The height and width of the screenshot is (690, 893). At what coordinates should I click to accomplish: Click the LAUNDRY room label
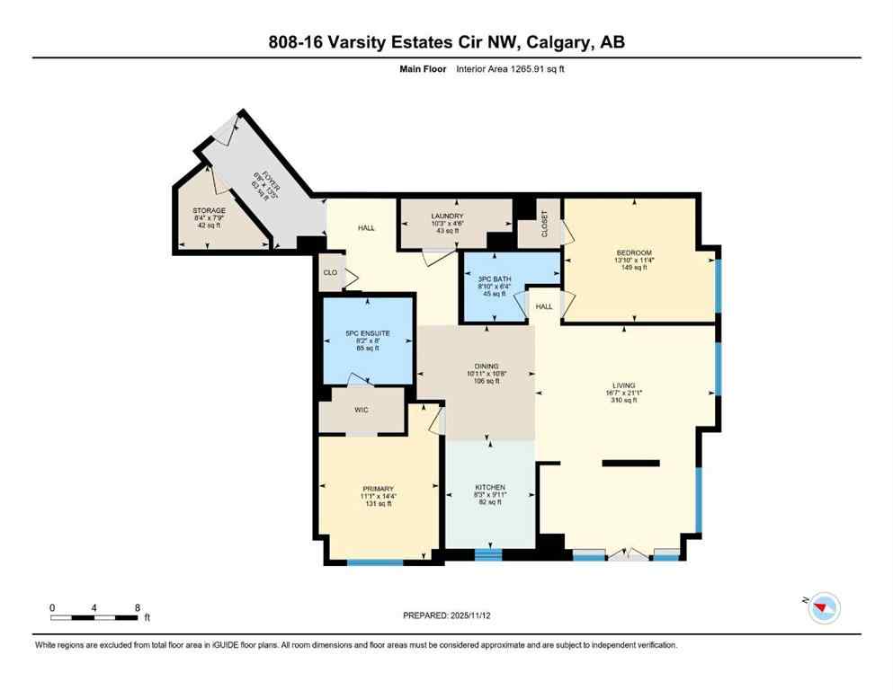click(446, 217)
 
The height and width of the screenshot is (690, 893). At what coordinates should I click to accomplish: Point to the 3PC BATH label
click(495, 279)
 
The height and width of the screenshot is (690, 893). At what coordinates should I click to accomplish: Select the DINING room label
click(487, 366)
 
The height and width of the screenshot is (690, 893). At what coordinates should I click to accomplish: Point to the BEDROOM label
click(634, 252)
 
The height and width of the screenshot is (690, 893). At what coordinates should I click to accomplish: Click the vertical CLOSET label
click(542, 224)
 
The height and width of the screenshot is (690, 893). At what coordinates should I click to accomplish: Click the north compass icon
click(823, 608)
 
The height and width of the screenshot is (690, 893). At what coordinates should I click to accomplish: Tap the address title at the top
click(446, 43)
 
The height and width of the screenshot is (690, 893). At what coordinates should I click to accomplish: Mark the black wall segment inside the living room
click(630, 464)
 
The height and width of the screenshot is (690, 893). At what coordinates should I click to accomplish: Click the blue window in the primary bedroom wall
click(375, 562)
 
